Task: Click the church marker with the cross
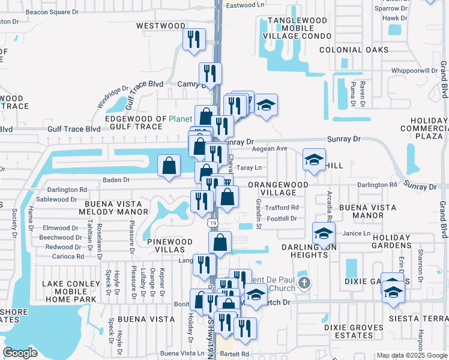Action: (304, 283)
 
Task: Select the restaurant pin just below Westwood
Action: (194, 40)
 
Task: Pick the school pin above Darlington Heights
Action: (323, 233)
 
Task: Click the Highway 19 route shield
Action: (213, 223)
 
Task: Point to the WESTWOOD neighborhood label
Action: (161, 26)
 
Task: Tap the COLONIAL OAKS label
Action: (351, 50)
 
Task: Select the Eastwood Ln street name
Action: (245, 5)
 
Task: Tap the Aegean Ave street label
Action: (270, 148)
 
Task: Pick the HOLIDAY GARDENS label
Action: (399, 241)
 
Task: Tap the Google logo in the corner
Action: (20, 353)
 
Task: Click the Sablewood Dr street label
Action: (57, 199)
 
